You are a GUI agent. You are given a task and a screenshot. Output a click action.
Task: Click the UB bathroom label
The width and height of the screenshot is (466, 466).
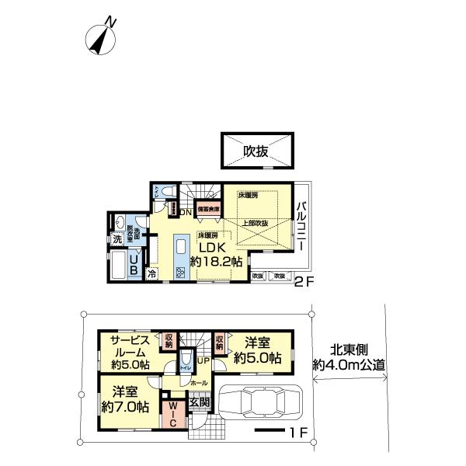pos(134,266)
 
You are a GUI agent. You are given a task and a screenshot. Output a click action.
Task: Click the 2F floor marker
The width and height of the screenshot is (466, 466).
pos(303,283)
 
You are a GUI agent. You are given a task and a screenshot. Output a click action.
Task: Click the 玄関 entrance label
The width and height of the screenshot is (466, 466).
pos(199,402)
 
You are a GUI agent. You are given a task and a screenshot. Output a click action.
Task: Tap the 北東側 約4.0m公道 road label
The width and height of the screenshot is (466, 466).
pos(349,357)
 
